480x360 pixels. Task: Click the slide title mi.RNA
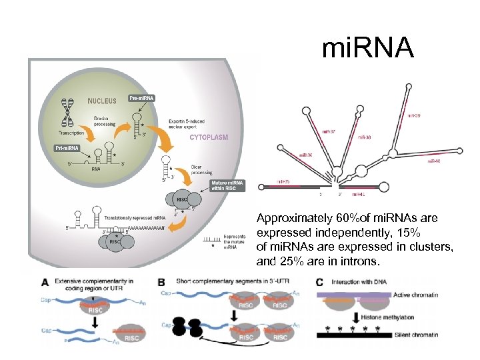click(x=367, y=49)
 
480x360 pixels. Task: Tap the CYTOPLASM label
click(x=209, y=138)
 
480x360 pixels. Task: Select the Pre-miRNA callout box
click(x=142, y=99)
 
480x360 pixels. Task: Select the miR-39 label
click(x=414, y=115)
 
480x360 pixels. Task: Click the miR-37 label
click(x=329, y=131)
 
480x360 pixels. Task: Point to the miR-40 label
click(x=433, y=161)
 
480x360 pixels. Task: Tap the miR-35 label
click(x=284, y=181)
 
